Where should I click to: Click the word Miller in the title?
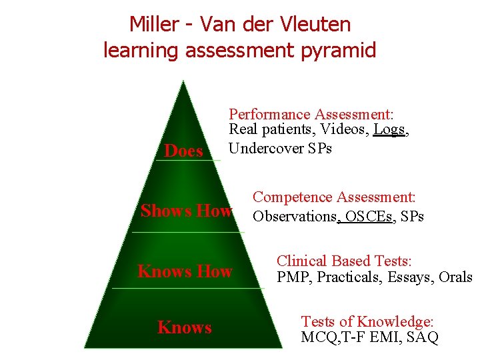[x=155, y=24]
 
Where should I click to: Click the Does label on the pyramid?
[x=183, y=151]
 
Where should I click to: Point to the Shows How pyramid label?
[x=186, y=211]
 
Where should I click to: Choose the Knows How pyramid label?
[x=185, y=271]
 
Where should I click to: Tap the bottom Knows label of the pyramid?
[x=184, y=327]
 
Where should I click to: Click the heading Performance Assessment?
[x=311, y=114]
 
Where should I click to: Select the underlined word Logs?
[x=389, y=130]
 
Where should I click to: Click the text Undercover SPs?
[x=280, y=148]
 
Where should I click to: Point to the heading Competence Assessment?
[x=334, y=197]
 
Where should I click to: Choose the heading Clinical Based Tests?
[x=345, y=261]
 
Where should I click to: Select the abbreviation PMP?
[x=293, y=277]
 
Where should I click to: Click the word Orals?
[x=455, y=277]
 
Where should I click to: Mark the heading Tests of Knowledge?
[x=367, y=322]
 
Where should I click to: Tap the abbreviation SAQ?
[x=421, y=338]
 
